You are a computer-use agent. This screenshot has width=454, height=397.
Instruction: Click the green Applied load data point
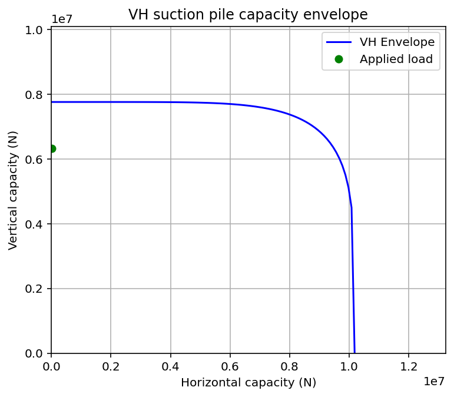52,148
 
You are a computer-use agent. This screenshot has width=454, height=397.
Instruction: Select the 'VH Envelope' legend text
397,42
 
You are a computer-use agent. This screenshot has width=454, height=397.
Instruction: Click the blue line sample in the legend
339,42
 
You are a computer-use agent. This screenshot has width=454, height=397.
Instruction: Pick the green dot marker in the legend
339,59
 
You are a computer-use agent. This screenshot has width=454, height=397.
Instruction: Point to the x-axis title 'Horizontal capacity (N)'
248,382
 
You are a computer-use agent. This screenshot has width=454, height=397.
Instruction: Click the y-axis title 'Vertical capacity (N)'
13,191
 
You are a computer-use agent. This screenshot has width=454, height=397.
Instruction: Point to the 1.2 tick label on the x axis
409,366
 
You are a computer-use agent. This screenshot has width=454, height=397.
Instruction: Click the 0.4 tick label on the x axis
170,366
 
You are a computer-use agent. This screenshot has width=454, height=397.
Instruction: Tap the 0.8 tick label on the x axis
290,366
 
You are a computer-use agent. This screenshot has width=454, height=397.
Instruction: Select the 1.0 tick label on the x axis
349,366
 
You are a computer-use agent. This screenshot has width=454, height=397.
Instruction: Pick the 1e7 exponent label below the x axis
435,382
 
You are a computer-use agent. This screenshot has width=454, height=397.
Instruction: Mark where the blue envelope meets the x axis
354,353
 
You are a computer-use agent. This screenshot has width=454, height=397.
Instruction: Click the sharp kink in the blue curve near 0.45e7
351,207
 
